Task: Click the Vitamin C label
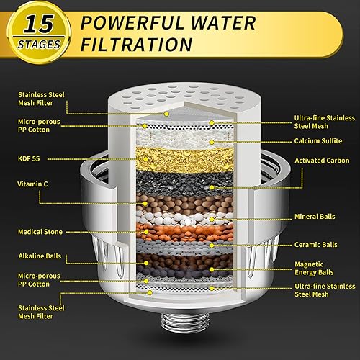tap(32, 184)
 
